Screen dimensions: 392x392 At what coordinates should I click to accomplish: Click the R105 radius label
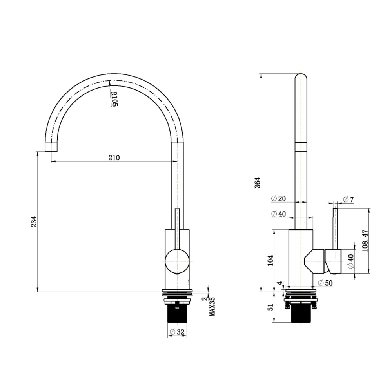(x=114, y=100)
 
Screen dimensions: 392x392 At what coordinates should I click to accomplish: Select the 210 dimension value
(x=114, y=158)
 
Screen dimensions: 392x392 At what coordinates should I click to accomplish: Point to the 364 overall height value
(x=257, y=183)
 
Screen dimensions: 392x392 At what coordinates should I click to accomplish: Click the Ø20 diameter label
(x=278, y=198)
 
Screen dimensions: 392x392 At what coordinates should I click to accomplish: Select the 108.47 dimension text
(x=365, y=241)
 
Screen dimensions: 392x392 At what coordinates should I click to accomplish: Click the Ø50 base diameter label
(x=325, y=283)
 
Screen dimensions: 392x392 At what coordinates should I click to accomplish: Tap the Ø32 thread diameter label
(x=177, y=332)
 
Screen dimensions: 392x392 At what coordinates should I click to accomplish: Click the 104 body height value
(x=270, y=260)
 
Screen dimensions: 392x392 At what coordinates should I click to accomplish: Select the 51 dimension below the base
(x=270, y=308)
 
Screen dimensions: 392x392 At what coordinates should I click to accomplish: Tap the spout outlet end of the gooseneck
(x=52, y=147)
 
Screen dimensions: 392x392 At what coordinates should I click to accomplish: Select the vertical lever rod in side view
(x=335, y=227)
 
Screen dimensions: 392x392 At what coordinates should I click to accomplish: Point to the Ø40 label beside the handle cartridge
(x=351, y=261)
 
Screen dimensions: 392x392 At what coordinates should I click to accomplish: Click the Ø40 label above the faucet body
(x=278, y=214)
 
